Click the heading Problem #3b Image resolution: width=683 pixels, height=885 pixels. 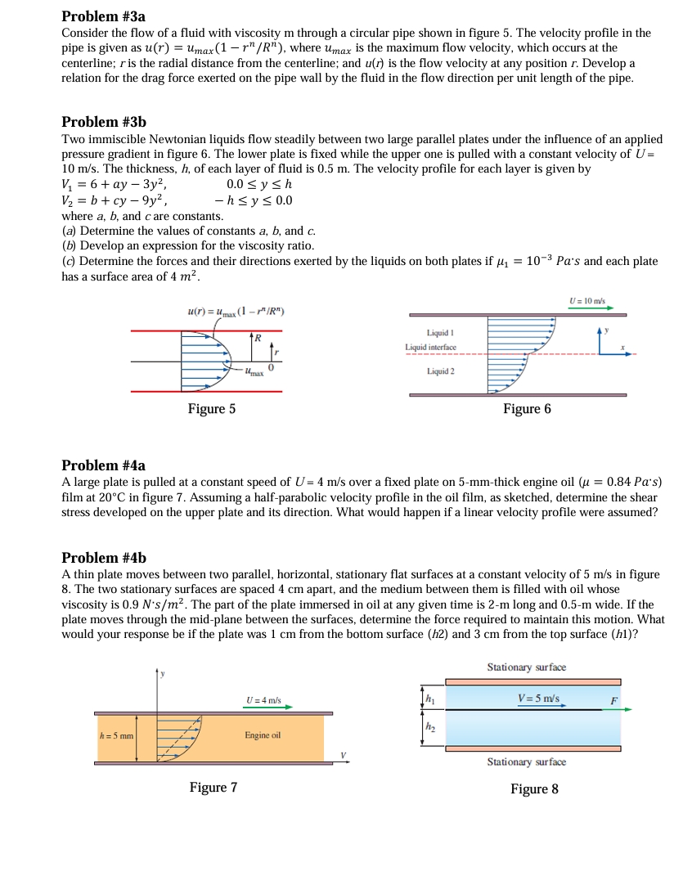(104, 122)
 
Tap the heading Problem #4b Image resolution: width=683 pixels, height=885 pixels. (104, 558)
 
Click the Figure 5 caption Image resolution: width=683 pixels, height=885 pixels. (212, 408)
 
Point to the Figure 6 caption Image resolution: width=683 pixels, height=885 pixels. (527, 408)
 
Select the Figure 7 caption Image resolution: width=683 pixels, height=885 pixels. (213, 788)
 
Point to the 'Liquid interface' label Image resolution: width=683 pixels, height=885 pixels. (429, 348)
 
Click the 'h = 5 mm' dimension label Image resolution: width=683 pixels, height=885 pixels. (115, 735)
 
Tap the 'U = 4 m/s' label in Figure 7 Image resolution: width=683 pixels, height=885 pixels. (263, 700)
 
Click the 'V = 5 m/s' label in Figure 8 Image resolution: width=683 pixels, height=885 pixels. (539, 699)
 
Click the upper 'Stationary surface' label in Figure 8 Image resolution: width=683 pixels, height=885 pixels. (526, 667)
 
